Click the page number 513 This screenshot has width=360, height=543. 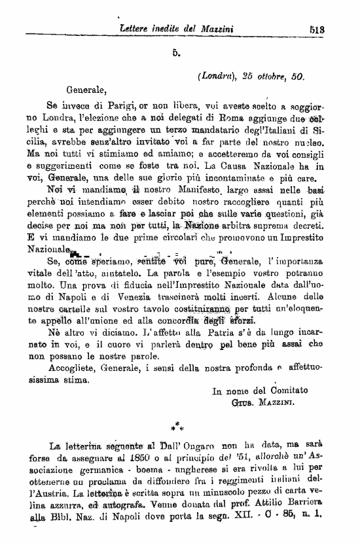pyautogui.click(x=340, y=28)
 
